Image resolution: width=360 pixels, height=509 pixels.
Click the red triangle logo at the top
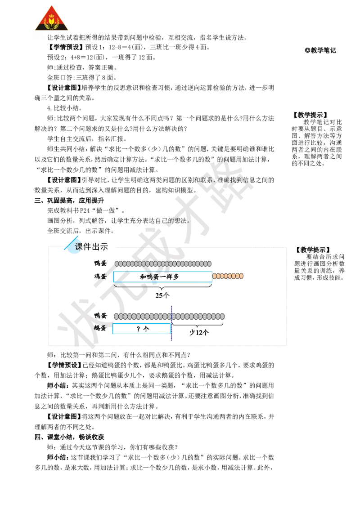52,19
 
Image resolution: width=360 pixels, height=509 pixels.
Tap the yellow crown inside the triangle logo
51,21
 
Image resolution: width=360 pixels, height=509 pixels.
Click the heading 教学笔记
324,50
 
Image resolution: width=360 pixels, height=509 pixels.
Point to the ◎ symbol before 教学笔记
307,50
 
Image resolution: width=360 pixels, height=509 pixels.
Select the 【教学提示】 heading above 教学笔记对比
310,115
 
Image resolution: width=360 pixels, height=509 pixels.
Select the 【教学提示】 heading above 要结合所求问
313,250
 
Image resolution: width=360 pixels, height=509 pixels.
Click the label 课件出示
91,246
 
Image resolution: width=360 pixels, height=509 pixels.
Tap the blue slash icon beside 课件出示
71,244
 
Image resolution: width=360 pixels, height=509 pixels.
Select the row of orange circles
228,276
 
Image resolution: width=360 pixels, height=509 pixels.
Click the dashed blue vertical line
171,323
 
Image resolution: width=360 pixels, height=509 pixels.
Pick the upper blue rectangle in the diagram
162,277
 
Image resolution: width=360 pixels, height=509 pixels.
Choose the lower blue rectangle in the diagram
141,329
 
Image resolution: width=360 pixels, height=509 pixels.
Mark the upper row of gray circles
163,263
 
